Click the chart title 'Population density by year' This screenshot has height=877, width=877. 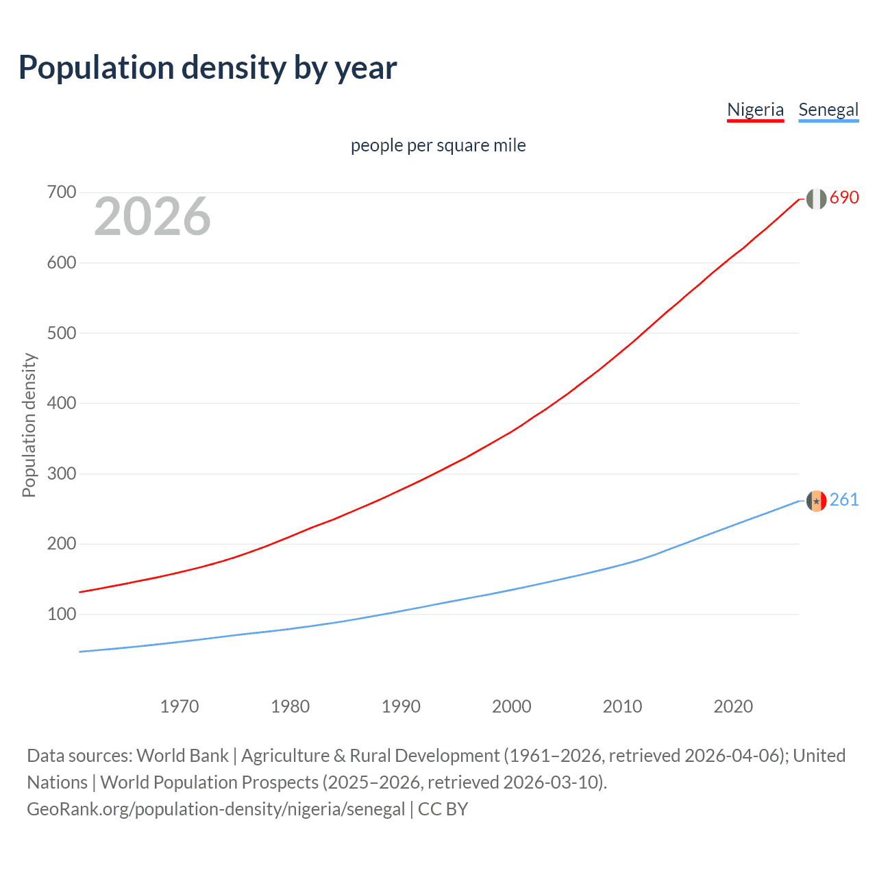tap(208, 68)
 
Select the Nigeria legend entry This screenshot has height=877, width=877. tap(755, 110)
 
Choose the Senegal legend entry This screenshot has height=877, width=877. tap(828, 110)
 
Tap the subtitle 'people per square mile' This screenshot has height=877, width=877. tap(438, 145)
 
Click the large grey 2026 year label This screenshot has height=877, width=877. tap(152, 217)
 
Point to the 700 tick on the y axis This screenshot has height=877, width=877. tap(61, 193)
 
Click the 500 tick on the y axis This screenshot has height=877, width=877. tap(61, 333)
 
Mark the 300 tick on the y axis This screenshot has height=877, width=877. tap(61, 473)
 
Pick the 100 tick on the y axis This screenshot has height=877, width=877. tap(61, 614)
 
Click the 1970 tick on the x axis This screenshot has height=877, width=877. tap(180, 706)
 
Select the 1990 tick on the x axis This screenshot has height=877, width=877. tap(401, 706)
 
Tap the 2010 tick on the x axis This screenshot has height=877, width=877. tap(622, 706)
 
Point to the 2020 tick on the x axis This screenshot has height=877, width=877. tap(733, 706)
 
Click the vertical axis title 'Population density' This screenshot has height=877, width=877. tap(29, 425)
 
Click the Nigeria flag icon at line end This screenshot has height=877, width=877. tap(816, 199)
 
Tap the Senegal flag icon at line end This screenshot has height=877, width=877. tap(816, 501)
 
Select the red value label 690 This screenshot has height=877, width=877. tap(844, 198)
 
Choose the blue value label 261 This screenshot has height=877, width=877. tap(844, 500)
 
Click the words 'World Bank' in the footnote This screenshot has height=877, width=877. tap(182, 756)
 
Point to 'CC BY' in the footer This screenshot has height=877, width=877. tap(443, 809)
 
